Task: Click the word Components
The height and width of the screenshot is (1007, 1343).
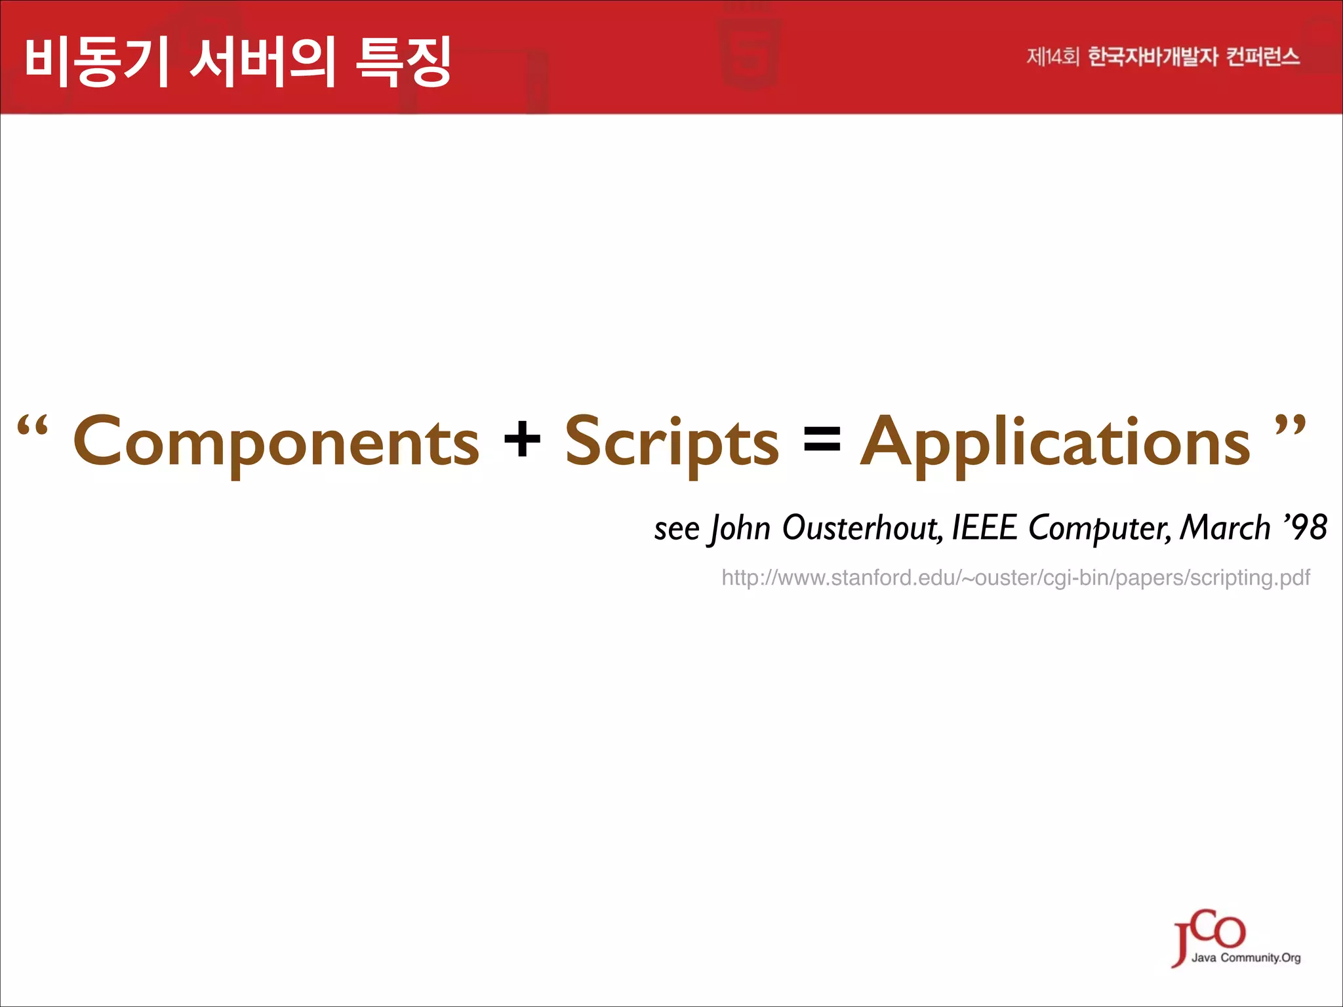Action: click(x=276, y=443)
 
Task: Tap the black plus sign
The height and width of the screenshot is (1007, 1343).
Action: click(x=522, y=439)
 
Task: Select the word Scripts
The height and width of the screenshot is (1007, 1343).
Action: click(x=672, y=443)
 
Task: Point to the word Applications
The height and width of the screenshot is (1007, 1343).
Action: click(x=1055, y=443)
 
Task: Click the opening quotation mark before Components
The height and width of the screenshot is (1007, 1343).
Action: click(x=33, y=426)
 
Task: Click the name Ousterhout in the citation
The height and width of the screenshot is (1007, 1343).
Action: click(x=862, y=528)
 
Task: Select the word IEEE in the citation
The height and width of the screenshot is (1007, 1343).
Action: click(x=984, y=528)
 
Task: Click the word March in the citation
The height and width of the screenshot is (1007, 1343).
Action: click(x=1225, y=528)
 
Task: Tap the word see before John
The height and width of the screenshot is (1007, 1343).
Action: click(x=677, y=530)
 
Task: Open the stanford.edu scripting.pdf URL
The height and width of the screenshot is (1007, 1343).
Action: click(x=1015, y=578)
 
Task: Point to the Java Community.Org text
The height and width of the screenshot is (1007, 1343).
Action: click(x=1246, y=958)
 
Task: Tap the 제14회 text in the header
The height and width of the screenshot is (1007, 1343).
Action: click(x=1052, y=57)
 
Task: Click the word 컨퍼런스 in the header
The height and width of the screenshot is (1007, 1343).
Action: click(x=1262, y=57)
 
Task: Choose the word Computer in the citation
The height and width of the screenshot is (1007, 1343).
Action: click(x=1099, y=528)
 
